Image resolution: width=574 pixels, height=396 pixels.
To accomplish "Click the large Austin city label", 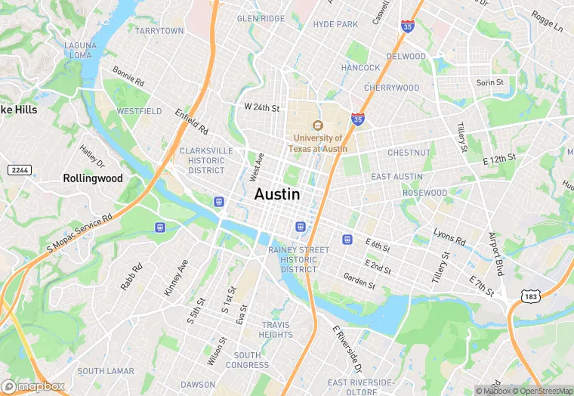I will [x=277, y=194].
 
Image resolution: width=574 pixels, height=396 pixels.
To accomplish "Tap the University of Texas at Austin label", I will [x=319, y=144].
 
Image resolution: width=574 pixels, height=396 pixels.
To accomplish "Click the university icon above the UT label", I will [x=318, y=125].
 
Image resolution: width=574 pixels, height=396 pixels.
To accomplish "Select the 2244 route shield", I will [x=20, y=170].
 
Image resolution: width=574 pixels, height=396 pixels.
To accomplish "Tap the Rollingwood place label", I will [x=92, y=178].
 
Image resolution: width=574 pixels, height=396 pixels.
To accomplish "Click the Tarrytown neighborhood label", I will [x=159, y=31].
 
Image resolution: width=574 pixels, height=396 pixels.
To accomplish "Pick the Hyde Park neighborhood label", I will [x=335, y=25].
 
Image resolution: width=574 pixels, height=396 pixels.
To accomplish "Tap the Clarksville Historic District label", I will [x=206, y=160].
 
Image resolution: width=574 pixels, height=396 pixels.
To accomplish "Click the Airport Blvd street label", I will [x=495, y=254].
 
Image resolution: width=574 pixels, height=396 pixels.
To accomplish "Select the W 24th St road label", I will [x=261, y=108].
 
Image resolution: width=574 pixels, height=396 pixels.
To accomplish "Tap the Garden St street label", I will [x=359, y=281].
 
